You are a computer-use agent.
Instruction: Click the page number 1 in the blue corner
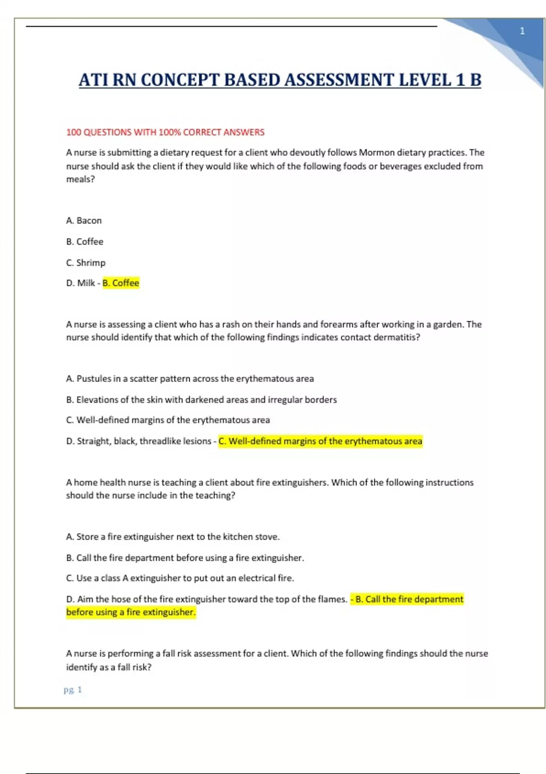522,31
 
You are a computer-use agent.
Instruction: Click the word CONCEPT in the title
181,80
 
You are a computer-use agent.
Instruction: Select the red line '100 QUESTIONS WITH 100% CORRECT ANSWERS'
165,132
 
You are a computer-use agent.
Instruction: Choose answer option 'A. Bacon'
84,220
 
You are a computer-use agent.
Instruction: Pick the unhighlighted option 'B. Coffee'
85,241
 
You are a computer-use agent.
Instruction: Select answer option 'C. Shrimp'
86,263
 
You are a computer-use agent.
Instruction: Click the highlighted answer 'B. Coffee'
121,283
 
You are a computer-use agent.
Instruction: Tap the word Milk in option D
86,283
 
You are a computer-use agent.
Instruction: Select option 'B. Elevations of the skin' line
201,400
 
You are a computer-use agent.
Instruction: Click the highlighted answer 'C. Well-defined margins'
320,441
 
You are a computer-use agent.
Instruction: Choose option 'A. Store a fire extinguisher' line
172,537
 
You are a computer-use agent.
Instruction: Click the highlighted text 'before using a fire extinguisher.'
131,612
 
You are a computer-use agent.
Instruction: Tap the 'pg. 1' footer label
73,690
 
